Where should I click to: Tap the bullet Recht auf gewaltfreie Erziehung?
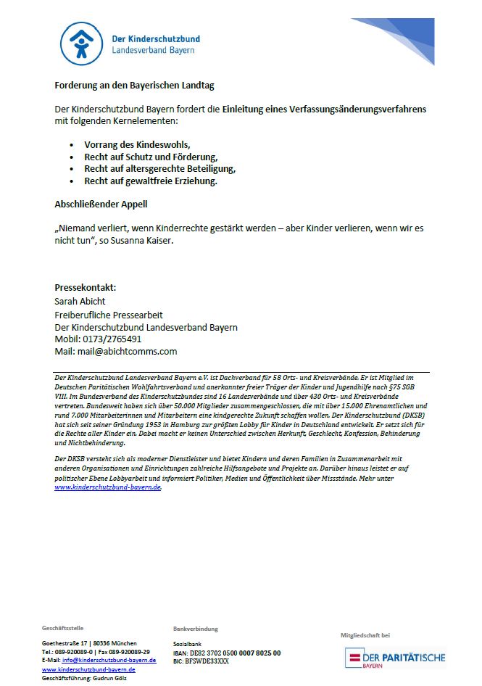(x=150, y=181)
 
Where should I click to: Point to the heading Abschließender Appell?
(x=101, y=204)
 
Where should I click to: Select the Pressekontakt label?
(x=85, y=287)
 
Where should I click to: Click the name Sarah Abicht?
(x=80, y=301)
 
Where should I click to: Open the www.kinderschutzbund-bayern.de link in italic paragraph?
(x=108, y=488)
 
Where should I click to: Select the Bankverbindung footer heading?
(x=195, y=629)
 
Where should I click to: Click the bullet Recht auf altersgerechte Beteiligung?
(x=159, y=169)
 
